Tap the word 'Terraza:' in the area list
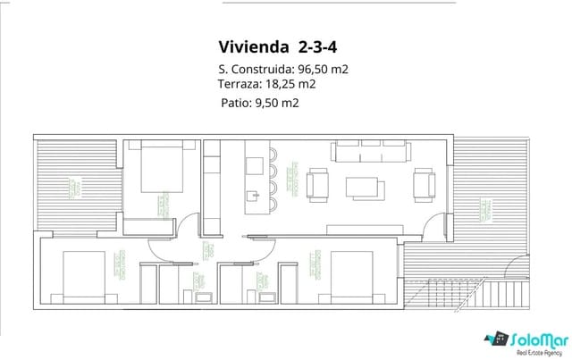click(x=239, y=84)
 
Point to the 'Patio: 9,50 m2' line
click(x=259, y=103)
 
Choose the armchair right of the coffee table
click(x=421, y=184)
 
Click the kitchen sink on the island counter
click(x=258, y=191)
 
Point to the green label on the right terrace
click(x=487, y=210)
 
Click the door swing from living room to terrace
click(x=432, y=227)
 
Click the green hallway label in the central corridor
click(x=206, y=250)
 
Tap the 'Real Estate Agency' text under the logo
click(x=526, y=351)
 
